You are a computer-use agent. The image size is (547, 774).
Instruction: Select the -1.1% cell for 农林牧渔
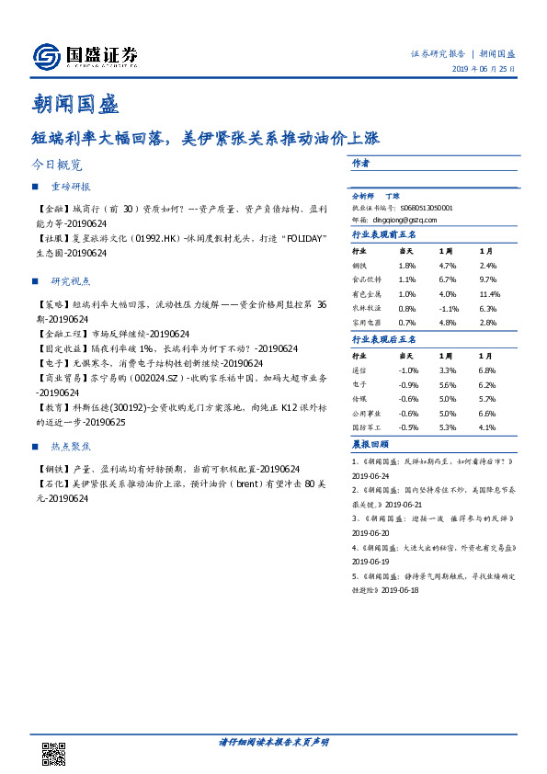448,309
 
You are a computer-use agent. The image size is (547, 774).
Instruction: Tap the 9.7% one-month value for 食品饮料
487,279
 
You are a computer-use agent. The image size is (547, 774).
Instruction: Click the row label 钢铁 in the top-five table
359,266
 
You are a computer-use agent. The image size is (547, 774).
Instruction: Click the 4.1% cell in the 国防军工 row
487,427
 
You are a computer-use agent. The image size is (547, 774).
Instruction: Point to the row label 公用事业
365,413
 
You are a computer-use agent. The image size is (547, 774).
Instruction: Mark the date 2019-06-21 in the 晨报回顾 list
405,505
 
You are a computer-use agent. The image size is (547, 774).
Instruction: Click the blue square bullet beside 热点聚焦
35,446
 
